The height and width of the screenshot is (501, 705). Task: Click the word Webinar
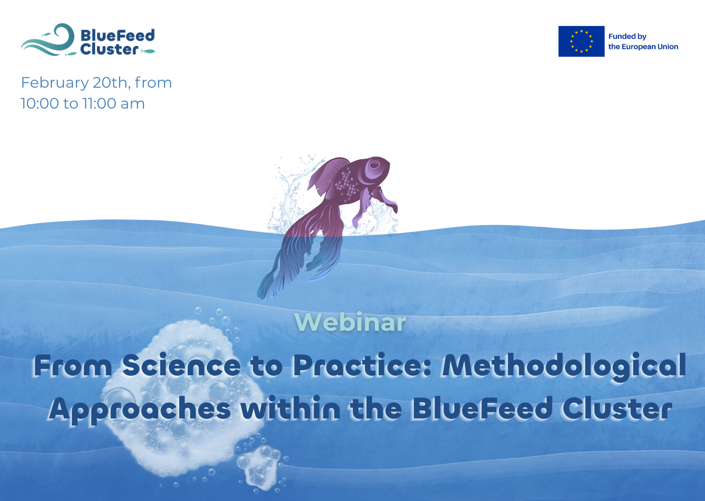click(x=350, y=322)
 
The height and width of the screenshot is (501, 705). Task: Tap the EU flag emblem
click(x=581, y=41)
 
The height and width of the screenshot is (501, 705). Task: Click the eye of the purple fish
click(x=374, y=164)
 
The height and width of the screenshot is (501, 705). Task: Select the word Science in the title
click(x=181, y=366)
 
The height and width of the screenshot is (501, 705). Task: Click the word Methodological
click(x=564, y=366)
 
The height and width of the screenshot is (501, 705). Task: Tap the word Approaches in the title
click(x=140, y=410)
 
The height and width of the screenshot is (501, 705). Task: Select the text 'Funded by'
click(x=627, y=36)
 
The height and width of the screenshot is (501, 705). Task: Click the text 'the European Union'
click(x=643, y=47)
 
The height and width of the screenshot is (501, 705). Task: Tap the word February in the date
click(x=55, y=83)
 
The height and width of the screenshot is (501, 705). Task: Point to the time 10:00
click(x=40, y=103)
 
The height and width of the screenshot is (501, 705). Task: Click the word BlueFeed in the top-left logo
click(x=117, y=36)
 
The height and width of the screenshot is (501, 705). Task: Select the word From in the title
click(x=72, y=366)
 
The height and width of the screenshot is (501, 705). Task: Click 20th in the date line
click(x=111, y=83)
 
